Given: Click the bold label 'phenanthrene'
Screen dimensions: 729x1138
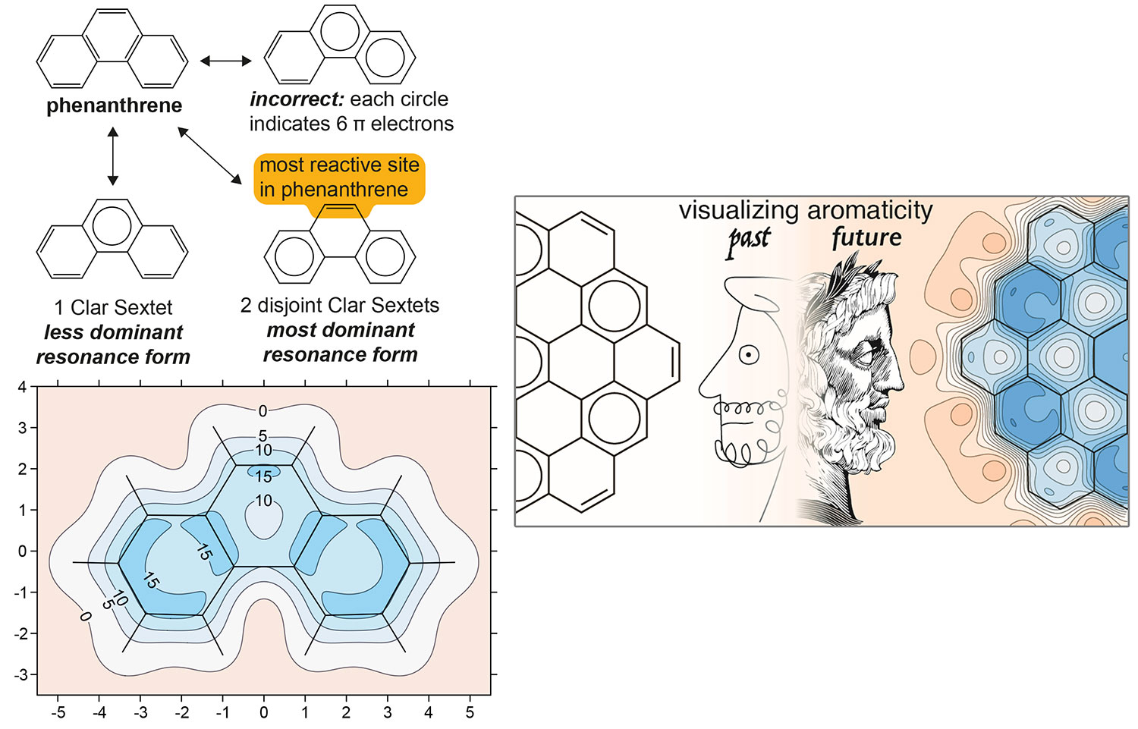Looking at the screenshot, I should pos(114,105).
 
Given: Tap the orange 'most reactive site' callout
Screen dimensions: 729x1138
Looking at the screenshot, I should pos(339,177).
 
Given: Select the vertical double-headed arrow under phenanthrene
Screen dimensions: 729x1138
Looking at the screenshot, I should pos(113,157).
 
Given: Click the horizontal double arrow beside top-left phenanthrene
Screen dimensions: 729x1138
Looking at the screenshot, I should pos(225,61).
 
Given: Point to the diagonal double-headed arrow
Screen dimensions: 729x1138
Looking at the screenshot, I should pos(208,155).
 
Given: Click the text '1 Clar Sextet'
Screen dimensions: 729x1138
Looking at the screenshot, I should pos(113,307).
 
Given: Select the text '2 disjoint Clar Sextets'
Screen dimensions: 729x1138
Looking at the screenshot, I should pos(339,305).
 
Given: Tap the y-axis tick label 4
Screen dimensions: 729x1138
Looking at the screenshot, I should pos(22,388).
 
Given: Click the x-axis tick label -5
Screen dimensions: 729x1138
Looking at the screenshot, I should pos(58,712).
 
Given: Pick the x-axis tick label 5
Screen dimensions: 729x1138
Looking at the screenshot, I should pos(470,712).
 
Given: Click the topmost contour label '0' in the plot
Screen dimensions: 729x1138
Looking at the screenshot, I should pos(262,411).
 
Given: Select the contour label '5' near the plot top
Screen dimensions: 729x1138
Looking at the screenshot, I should pos(262,436).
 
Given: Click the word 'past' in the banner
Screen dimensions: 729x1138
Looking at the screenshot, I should pos(748,240).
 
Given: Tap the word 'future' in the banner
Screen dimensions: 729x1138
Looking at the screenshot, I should pos(866,237).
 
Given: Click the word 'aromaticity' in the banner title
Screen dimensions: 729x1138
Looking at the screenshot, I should pos(869,210).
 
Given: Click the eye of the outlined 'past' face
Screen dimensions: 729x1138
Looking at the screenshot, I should pos(749,354).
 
